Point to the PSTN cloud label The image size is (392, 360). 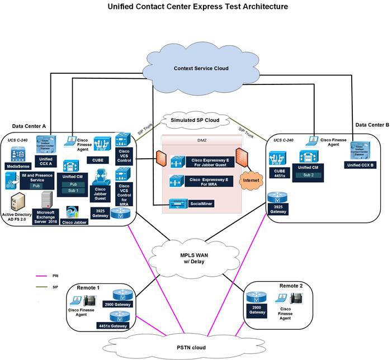tap(192, 348)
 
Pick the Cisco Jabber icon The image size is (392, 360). tap(76, 212)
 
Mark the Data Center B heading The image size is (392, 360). tap(371, 125)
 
